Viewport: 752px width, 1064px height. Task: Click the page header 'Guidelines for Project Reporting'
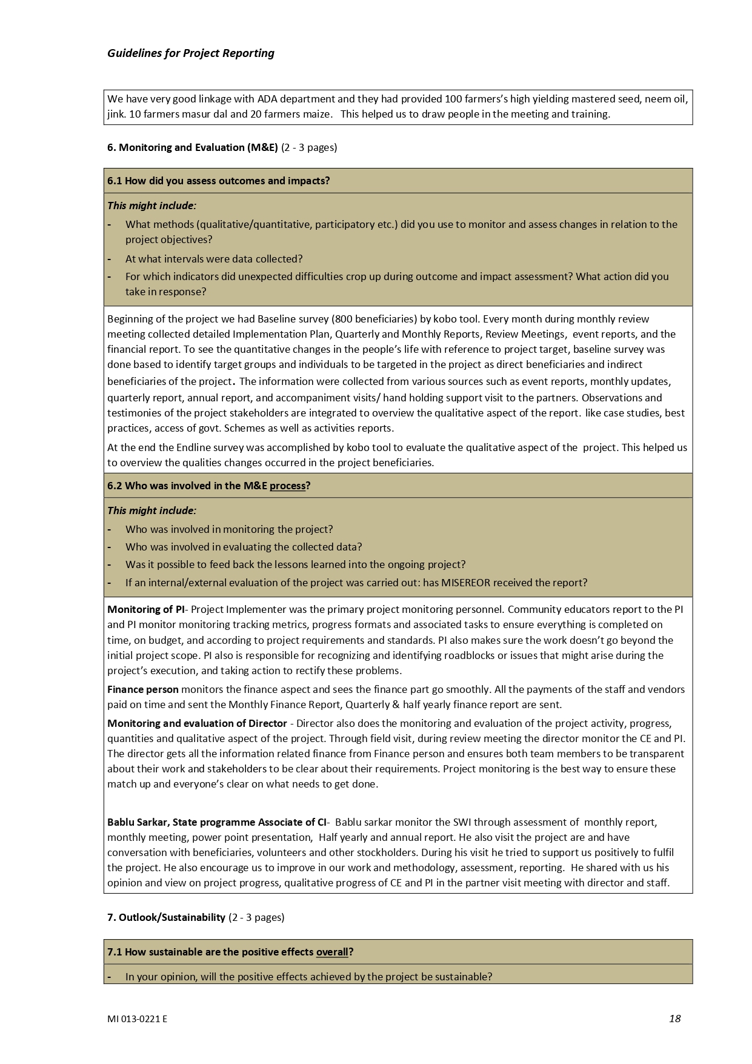pos(190,53)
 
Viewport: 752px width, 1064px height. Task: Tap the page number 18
pos(674,1019)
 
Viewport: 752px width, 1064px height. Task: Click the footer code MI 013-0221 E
pos(137,1019)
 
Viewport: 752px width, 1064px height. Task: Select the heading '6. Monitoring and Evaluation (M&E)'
pos(192,147)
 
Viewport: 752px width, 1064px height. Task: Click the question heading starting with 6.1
pos(218,181)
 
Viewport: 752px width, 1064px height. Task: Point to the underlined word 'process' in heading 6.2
pos(287,486)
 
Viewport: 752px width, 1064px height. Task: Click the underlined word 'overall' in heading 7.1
pos(332,952)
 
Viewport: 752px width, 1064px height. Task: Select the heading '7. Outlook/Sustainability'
pos(166,917)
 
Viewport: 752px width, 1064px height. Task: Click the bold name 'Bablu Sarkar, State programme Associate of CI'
pos(216,822)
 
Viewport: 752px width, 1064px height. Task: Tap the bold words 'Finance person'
pos(143,689)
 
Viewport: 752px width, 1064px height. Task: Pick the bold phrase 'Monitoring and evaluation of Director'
pos(197,723)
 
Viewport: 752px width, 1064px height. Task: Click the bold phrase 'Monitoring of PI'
pos(145,609)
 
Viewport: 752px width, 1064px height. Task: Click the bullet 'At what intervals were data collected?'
pos(214,259)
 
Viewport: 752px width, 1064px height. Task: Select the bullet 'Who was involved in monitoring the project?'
pos(229,529)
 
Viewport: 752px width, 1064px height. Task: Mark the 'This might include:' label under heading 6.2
pos(151,510)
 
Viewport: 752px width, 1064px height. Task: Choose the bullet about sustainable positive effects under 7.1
pos(308,977)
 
